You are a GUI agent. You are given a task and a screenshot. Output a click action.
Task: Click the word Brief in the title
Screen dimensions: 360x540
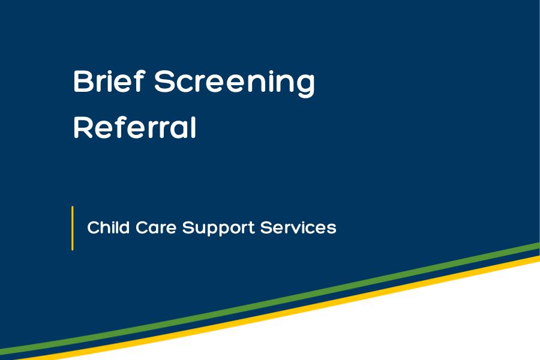pos(108,82)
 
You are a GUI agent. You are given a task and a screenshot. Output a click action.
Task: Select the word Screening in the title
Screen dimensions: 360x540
pos(235,83)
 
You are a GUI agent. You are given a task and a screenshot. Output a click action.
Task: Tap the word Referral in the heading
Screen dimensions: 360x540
pos(135,127)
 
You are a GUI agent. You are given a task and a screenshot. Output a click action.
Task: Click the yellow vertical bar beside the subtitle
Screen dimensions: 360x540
pos(73,228)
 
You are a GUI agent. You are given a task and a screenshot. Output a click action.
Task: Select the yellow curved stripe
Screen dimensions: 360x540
pos(360,293)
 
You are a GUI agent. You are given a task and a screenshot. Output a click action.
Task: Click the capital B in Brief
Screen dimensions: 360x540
pos(82,82)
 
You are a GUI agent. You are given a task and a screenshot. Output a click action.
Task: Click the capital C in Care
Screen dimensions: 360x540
pos(140,228)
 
